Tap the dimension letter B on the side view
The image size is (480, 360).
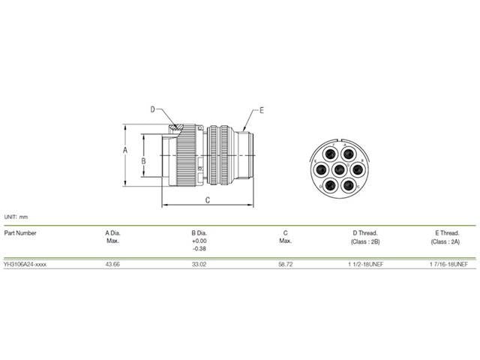pyautogui.click(x=149, y=160)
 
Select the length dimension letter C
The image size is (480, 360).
pyautogui.click(x=207, y=199)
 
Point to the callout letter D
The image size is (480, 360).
pyautogui.click(x=151, y=109)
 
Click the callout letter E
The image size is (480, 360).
pyautogui.click(x=262, y=110)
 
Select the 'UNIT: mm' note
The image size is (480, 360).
pyautogui.click(x=16, y=217)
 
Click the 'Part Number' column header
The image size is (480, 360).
pyautogui.click(x=21, y=232)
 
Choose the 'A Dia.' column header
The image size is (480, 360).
pyautogui.click(x=114, y=232)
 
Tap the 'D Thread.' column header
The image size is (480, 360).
pyautogui.click(x=364, y=232)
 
